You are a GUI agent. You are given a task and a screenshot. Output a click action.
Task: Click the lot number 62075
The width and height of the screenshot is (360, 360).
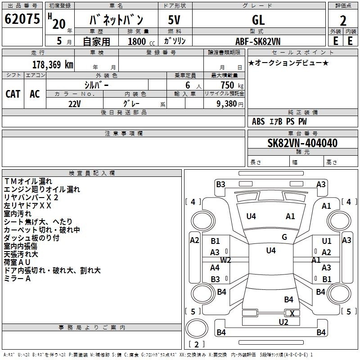[22, 20]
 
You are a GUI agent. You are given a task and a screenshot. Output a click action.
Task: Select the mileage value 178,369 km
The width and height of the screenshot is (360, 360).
[53, 64]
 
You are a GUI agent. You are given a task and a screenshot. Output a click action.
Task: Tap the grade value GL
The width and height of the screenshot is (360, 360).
[258, 20]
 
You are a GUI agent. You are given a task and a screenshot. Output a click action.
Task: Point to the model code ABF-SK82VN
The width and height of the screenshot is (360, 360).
[258, 41]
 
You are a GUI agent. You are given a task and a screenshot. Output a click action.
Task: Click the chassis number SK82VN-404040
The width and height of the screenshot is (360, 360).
[302, 143]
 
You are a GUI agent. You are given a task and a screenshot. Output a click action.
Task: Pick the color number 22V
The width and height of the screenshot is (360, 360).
[75, 103]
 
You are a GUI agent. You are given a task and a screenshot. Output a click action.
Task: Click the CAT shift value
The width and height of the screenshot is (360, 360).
[13, 94]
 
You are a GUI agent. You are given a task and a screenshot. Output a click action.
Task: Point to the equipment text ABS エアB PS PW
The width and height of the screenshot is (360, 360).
[280, 121]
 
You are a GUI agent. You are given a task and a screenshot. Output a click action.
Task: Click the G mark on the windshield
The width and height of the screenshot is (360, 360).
[284, 237]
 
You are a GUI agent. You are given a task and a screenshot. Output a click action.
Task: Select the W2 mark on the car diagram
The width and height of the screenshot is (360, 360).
[225, 260]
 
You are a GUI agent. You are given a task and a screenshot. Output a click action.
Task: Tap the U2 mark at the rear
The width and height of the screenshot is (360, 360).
[283, 322]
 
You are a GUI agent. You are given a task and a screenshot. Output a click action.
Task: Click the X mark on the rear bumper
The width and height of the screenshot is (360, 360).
[292, 314]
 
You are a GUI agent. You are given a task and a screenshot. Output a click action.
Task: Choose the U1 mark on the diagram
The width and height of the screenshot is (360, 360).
[326, 242]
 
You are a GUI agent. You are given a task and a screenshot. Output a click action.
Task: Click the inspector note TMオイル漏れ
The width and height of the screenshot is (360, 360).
[28, 181]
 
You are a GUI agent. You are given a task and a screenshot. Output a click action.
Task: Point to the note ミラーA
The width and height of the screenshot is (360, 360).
[17, 279]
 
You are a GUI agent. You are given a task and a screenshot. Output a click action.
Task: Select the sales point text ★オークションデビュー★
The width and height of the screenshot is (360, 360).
[288, 63]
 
